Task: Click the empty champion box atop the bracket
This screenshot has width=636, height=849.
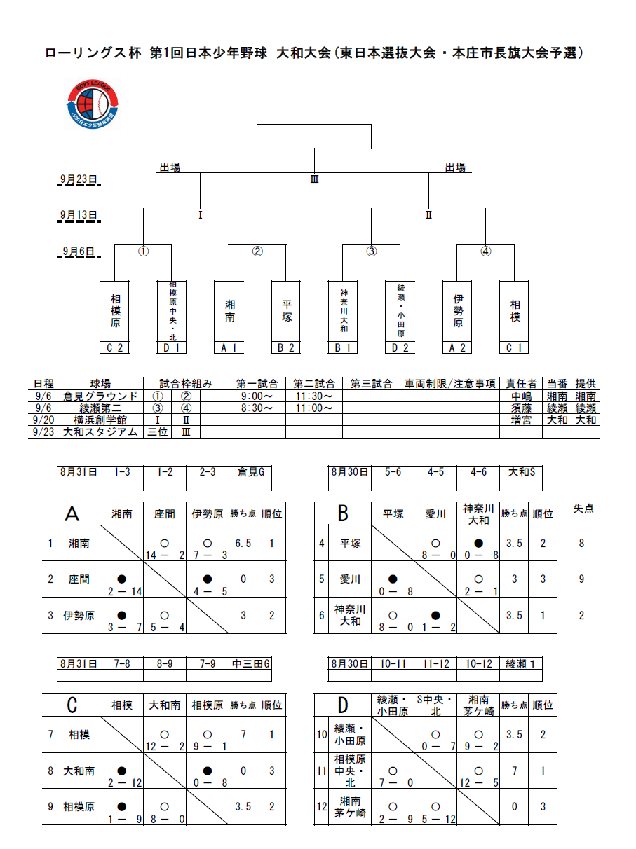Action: coord(313,137)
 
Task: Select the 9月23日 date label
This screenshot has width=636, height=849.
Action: coord(78,179)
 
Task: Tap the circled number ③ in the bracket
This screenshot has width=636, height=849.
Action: coord(372,252)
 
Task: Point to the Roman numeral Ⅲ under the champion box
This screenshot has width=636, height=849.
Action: coord(315,179)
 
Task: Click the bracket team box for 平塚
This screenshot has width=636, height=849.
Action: coord(287,310)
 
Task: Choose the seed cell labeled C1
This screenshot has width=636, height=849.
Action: coord(515,348)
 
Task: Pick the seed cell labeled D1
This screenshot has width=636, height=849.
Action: coord(172,348)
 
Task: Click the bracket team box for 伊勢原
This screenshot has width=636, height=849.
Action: coord(458,310)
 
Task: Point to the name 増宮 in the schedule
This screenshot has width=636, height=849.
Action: coord(520,420)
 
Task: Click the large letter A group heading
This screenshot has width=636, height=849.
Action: coord(72,514)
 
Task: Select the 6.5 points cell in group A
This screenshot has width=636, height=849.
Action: coord(243,543)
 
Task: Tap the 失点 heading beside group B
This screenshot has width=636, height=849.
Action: coord(583,509)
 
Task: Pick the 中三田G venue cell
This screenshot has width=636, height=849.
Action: coord(250,663)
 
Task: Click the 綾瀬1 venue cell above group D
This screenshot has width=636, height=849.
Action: coord(521,663)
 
